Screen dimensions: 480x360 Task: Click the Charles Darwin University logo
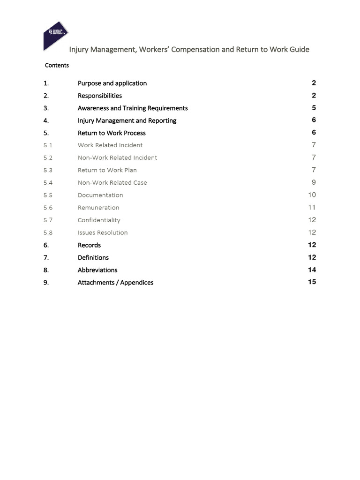click(55, 36)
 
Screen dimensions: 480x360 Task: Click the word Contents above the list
click(57, 66)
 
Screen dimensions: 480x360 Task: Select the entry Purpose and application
click(112, 83)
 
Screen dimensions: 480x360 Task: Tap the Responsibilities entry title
click(99, 96)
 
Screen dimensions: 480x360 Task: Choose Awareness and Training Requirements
click(133, 108)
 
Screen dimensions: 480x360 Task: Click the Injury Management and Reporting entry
click(127, 120)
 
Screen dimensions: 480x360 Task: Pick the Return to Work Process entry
click(112, 133)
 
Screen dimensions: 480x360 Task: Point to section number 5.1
click(48, 145)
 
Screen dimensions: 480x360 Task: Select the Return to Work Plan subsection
click(107, 170)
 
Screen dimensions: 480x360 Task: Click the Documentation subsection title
click(100, 195)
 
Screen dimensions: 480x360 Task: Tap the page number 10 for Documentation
click(312, 195)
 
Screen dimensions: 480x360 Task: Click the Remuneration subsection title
click(98, 208)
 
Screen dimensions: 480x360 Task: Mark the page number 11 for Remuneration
click(312, 208)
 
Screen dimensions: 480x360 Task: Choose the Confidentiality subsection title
click(99, 220)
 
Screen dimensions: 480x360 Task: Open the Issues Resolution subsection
click(103, 232)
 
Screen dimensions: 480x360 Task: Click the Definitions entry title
click(93, 257)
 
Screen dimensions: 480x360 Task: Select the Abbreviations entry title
click(97, 270)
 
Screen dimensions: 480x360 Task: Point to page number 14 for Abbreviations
click(312, 270)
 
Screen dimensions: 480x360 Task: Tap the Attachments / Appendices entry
click(115, 283)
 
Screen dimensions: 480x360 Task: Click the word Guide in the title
click(299, 50)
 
